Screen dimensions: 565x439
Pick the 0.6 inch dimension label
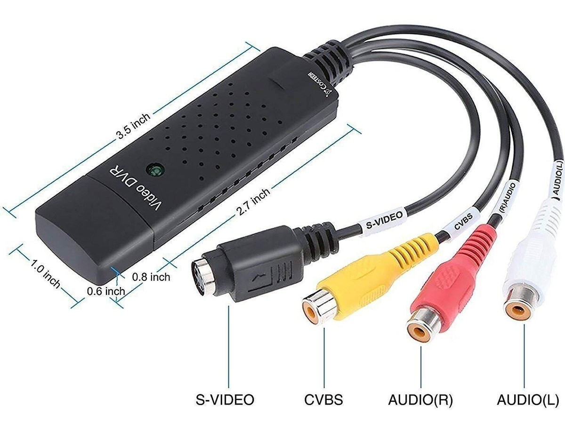point(106,291)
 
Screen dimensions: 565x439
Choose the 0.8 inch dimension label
point(151,276)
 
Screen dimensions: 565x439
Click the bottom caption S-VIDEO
point(225,400)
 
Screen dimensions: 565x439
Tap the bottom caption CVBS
point(323,400)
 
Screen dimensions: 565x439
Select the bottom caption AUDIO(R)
point(420,400)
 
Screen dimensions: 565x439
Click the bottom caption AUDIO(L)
point(528,400)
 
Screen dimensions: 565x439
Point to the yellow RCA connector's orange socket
point(313,308)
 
